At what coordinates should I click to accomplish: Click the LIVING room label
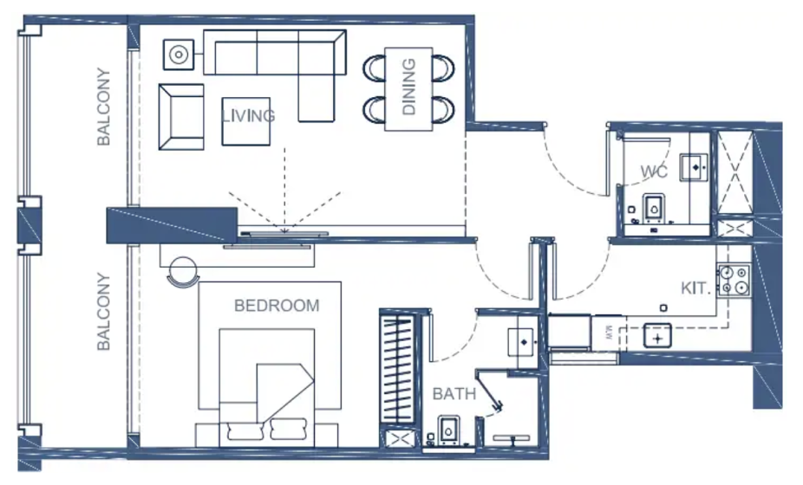coord(248,116)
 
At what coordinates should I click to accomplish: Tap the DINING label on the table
coord(408,87)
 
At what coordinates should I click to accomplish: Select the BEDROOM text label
coord(277,306)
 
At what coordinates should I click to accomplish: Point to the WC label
coord(654,171)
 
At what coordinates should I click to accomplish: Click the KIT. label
coord(695,288)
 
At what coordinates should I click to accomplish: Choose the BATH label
coord(454,394)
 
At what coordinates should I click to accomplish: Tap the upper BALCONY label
coord(103,107)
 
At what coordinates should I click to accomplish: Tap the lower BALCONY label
coord(103,311)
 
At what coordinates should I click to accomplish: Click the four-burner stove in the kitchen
coord(734,281)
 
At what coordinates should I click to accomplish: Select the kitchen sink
coord(657,336)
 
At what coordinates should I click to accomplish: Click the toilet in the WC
coord(654,207)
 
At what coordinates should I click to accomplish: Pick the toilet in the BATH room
coord(448,430)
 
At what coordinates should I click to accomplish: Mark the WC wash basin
coord(694,167)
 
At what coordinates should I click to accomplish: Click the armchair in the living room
coord(181,117)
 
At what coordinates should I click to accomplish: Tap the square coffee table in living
coord(245,121)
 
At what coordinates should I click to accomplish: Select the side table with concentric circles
coord(179,55)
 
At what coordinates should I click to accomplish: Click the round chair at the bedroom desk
coord(183,272)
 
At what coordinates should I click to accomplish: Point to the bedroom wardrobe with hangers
coord(397,368)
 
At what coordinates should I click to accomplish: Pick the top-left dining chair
coord(375,68)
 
